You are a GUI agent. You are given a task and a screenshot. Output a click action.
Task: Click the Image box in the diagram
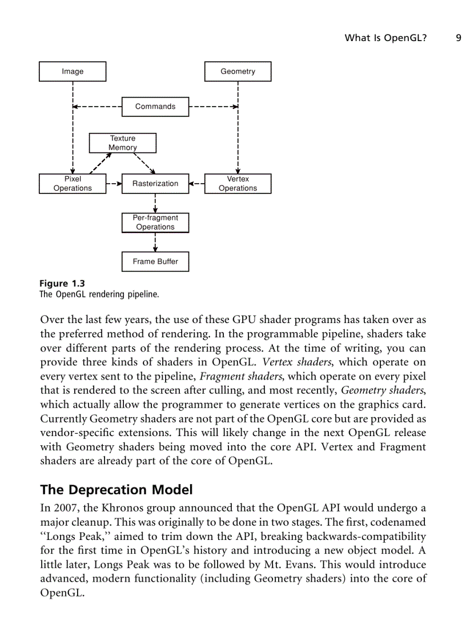73,71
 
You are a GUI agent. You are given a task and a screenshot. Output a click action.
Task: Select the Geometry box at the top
238,71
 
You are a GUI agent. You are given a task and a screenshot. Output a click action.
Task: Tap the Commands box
155,107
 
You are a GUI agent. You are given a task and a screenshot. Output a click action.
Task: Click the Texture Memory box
123,143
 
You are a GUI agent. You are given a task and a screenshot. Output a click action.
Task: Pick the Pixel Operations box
73,184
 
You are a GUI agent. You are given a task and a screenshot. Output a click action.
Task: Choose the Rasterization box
155,184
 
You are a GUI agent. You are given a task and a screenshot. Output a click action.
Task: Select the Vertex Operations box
238,184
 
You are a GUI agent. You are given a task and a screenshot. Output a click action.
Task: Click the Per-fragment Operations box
155,223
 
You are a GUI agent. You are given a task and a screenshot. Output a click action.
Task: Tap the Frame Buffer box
155,261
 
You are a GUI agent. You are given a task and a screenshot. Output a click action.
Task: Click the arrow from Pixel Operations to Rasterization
114,184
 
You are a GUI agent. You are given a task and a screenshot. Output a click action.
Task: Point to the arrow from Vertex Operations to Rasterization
196,184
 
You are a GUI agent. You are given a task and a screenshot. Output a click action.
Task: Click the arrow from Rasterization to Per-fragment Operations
155,203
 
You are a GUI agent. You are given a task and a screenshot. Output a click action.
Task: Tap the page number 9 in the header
458,38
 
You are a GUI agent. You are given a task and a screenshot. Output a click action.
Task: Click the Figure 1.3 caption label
62,284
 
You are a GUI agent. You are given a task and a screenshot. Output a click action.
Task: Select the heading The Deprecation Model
116,490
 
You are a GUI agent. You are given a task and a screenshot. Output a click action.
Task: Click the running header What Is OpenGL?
385,38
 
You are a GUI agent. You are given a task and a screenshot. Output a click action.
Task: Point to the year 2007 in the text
65,508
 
